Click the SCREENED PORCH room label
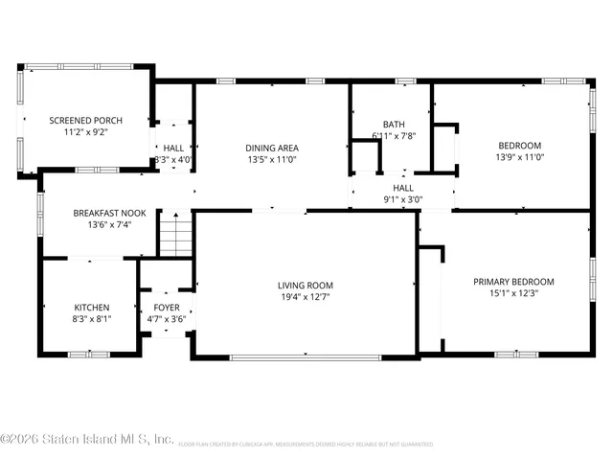pos(83,121)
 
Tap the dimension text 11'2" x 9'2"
pos(83,134)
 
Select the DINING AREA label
pos(272,148)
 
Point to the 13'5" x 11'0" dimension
pos(272,161)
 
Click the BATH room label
pos(393,125)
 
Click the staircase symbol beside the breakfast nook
pos(174,235)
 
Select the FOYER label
pos(167,307)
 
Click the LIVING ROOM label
pos(306,285)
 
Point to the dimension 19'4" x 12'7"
pos(306,298)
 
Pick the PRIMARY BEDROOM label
pos(513,282)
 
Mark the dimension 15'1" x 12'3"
pos(513,295)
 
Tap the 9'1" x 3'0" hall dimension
pos(402,200)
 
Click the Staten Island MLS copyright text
pos(86,440)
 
